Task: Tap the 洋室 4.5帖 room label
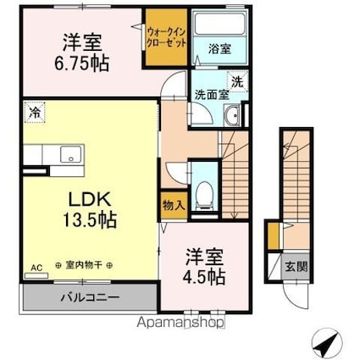pyautogui.click(x=205, y=264)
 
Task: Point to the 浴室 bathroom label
pyautogui.click(x=219, y=49)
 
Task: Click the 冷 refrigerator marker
pyautogui.click(x=33, y=110)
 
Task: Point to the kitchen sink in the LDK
pyautogui.click(x=68, y=153)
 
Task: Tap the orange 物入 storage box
pyautogui.click(x=169, y=205)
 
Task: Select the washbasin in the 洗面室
pyautogui.click(x=234, y=116)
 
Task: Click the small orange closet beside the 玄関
pyautogui.click(x=273, y=235)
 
